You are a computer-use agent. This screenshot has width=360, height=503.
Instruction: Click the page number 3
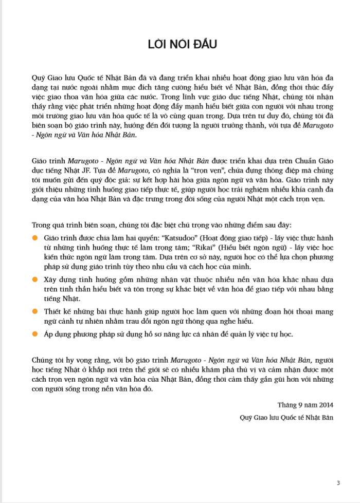pyautogui.click(x=338, y=482)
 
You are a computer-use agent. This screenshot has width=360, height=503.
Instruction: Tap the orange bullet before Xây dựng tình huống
pyautogui.click(x=35, y=278)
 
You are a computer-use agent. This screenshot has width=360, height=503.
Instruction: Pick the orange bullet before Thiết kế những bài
pyautogui.click(x=35, y=311)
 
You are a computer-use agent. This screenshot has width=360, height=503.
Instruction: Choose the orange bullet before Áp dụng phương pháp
pyautogui.click(x=35, y=334)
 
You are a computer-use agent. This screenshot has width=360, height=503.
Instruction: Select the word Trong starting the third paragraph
pyautogui.click(x=41, y=225)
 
